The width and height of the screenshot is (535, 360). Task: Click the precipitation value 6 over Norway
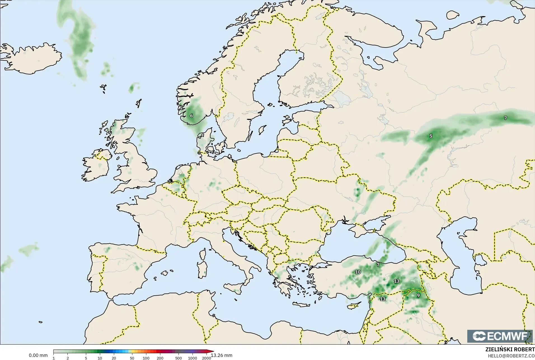click(x=191, y=116)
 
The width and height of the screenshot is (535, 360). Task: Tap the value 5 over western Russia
click(x=431, y=136)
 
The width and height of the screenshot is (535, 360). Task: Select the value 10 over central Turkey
click(x=358, y=272)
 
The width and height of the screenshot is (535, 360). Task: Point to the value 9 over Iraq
click(x=418, y=295)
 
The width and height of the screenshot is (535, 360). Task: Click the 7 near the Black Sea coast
click(x=378, y=264)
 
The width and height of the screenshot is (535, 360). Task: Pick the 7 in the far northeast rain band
click(x=505, y=118)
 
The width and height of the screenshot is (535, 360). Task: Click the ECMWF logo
click(x=500, y=336)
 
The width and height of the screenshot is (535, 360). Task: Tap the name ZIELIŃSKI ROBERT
click(x=510, y=350)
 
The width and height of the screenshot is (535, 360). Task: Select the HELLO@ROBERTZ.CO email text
click(x=511, y=356)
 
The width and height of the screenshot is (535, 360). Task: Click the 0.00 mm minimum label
click(x=38, y=355)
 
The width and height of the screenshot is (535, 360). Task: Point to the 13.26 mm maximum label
click(x=221, y=355)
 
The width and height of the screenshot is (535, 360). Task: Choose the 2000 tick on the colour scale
click(x=207, y=358)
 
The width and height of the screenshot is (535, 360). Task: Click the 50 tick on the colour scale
click(x=132, y=358)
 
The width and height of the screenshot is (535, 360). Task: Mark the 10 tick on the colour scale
click(x=100, y=358)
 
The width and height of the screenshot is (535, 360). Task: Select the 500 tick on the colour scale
click(x=179, y=358)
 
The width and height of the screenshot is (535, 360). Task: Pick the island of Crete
click(x=303, y=305)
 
